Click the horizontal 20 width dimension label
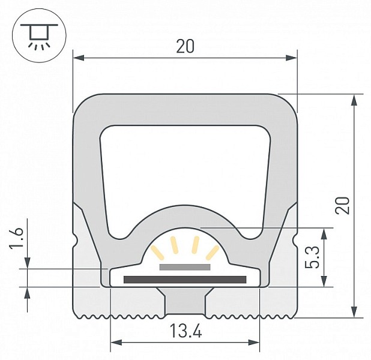point(185,46)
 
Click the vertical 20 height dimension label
point(343,205)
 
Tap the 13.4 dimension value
point(186,331)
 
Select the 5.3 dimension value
point(312,257)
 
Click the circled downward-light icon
point(39,35)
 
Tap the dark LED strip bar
point(185,280)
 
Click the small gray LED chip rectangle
point(185,267)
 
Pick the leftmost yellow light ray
point(157,252)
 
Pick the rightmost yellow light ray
point(213,253)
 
